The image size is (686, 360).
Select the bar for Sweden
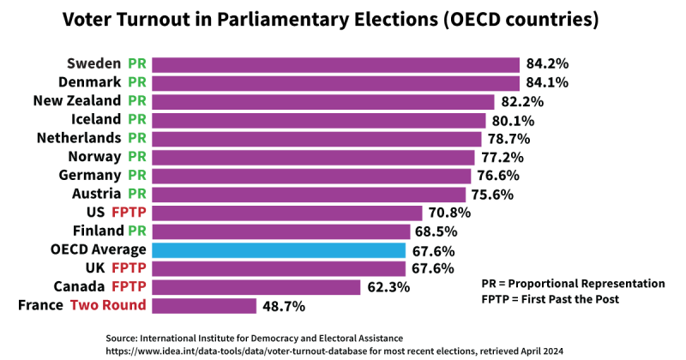click(x=335, y=64)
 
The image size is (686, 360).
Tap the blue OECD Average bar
click(x=279, y=250)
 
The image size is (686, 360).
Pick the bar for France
click(x=204, y=305)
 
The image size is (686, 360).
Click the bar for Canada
click(x=256, y=287)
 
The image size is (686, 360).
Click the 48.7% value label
click(x=283, y=306)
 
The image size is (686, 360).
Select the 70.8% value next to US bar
click(x=449, y=213)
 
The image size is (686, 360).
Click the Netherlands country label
click(x=79, y=138)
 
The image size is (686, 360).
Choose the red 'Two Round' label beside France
click(x=108, y=305)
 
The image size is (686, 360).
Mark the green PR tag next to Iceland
click(x=137, y=120)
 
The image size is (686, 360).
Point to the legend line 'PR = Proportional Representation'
click(x=573, y=283)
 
